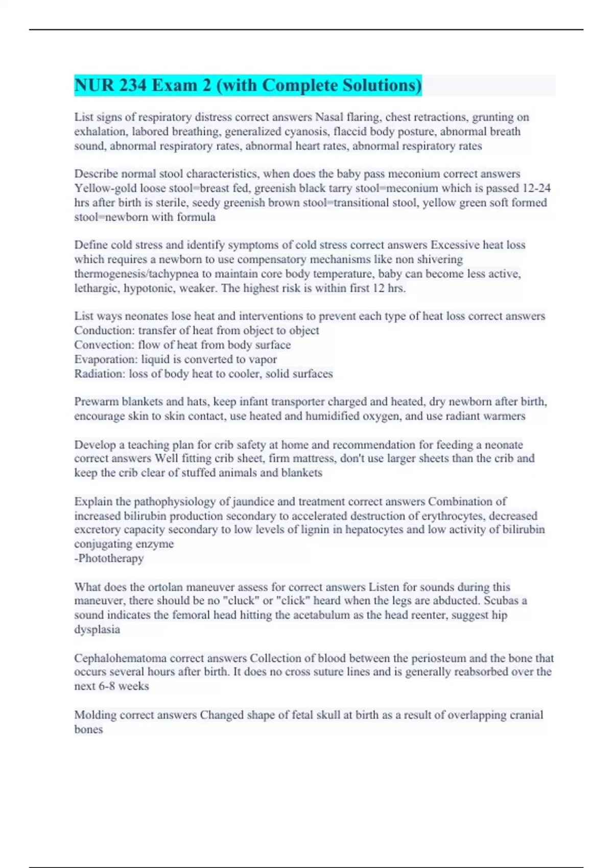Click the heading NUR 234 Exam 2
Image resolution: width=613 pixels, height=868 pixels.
click(248, 85)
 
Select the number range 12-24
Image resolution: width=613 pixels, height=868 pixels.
click(537, 188)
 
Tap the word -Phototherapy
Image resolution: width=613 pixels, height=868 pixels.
click(109, 558)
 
